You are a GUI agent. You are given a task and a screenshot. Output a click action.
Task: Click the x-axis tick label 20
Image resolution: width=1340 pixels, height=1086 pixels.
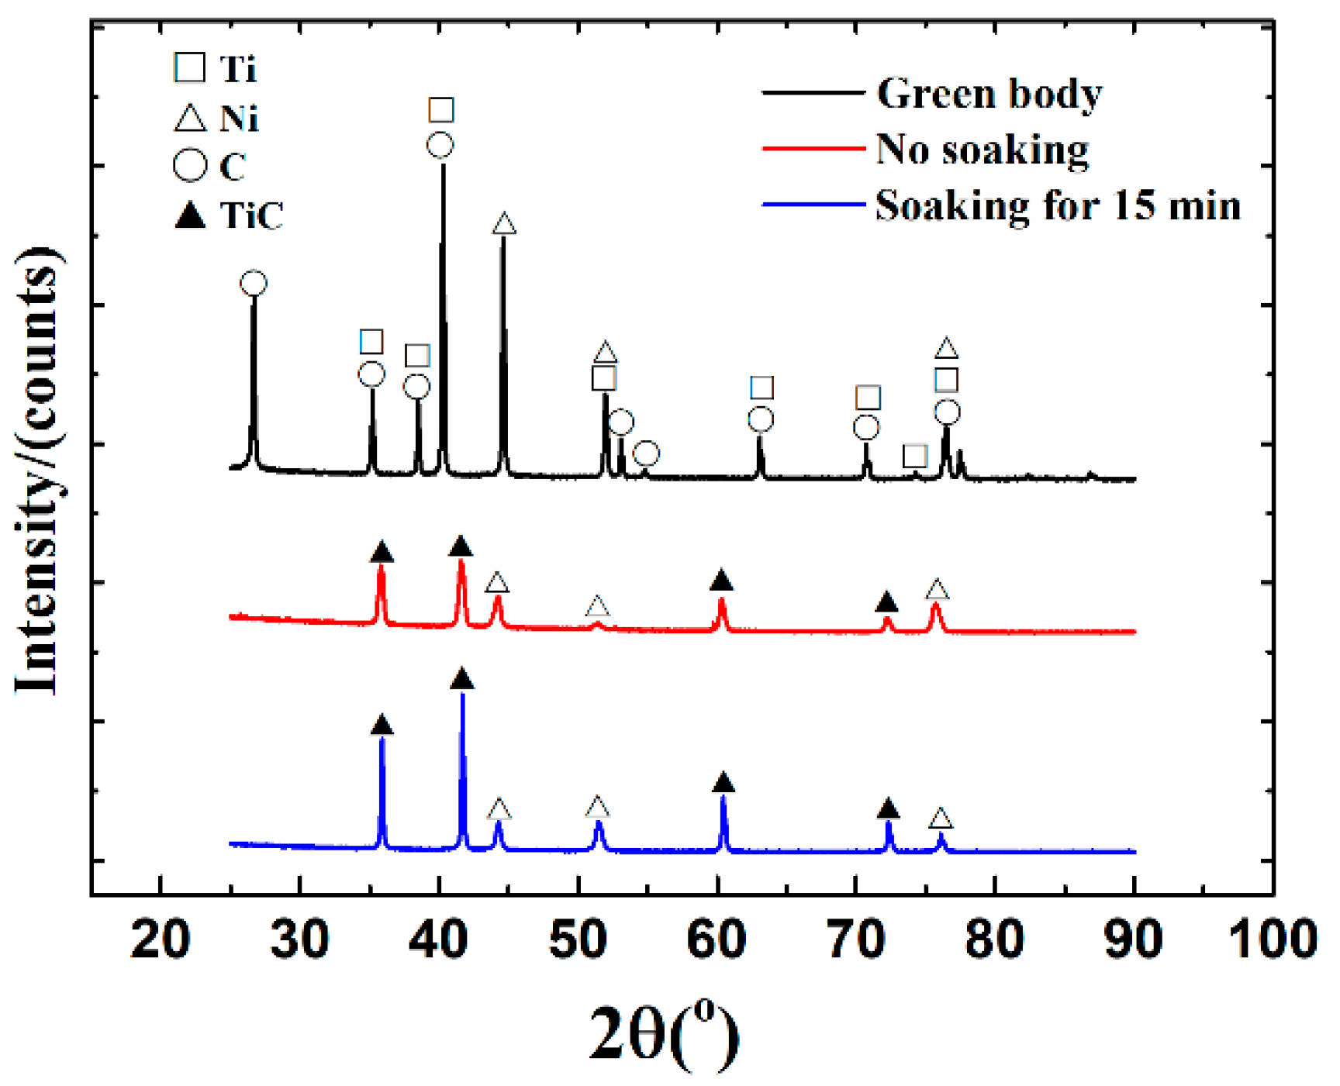(160, 940)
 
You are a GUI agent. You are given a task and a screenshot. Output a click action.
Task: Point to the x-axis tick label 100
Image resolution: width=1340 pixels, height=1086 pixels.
(1272, 940)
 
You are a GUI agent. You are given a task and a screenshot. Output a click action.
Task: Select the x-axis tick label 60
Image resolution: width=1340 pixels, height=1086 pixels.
(717, 940)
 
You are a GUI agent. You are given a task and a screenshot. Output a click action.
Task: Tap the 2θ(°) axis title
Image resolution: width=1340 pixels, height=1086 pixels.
(664, 1035)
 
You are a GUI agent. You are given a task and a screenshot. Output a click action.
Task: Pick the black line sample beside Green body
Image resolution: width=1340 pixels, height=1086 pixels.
(813, 92)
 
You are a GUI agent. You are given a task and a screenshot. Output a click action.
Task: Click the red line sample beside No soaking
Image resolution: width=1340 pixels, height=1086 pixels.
(813, 148)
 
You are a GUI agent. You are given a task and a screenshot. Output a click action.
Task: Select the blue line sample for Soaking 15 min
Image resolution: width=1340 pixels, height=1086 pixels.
(813, 205)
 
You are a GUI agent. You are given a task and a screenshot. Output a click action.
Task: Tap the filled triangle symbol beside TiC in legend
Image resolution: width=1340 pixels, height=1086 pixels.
(190, 215)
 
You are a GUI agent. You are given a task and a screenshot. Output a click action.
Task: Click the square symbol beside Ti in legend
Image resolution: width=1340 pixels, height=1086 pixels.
(190, 68)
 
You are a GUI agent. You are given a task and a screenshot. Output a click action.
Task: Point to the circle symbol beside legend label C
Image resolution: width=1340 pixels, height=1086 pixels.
(190, 166)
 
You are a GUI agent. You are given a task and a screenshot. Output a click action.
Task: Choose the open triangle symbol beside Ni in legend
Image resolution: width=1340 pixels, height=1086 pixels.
(190, 119)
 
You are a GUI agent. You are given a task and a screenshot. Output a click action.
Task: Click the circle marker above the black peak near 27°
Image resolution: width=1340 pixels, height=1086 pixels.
(254, 283)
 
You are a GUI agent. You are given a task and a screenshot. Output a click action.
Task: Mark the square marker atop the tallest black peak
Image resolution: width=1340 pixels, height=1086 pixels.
(441, 110)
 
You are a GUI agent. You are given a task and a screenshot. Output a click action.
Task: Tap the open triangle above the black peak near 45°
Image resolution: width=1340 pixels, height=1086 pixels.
(504, 225)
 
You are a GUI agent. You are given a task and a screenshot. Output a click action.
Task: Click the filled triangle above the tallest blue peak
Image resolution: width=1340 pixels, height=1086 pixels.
(462, 680)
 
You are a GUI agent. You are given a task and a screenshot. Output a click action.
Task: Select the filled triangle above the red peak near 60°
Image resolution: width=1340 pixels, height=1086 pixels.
(721, 580)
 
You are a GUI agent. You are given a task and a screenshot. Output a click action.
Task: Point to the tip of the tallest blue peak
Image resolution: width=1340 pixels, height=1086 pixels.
(463, 694)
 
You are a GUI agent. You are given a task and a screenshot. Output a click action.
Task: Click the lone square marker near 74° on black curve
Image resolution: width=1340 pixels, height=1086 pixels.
(915, 456)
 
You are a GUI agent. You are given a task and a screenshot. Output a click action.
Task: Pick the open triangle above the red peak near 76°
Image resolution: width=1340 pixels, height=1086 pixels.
(937, 590)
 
